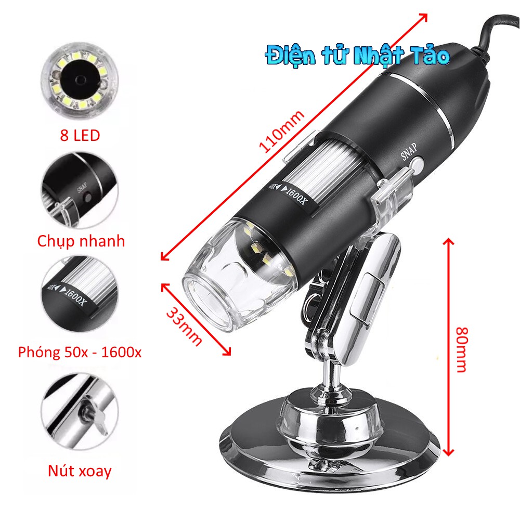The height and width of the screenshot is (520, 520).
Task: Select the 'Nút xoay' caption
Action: (x=80, y=457)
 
